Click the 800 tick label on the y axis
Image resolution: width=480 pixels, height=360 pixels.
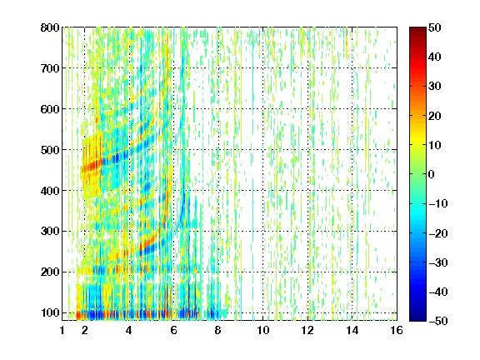[50, 27]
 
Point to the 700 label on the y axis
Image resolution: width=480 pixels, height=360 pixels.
[50, 68]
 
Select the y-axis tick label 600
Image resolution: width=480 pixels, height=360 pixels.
[50, 109]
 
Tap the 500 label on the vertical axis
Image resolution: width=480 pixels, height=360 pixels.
[50, 150]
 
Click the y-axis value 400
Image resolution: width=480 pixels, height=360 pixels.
[50, 191]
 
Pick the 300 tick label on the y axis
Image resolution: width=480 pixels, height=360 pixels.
[50, 231]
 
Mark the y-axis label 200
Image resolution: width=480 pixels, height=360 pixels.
[50, 272]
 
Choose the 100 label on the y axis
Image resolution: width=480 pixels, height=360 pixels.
[50, 312]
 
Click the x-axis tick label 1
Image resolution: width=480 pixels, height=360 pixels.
[62, 330]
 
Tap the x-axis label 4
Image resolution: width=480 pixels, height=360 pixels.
[129, 330]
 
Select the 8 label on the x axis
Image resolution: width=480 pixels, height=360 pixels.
[218, 330]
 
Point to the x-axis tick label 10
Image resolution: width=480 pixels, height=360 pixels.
[262, 330]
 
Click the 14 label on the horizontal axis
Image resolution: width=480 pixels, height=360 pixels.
[352, 330]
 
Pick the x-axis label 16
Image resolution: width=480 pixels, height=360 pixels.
[397, 330]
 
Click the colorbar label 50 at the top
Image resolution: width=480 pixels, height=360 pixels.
[435, 27]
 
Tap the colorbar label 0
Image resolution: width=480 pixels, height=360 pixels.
[432, 174]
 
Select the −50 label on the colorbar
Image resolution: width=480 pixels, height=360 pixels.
[438, 321]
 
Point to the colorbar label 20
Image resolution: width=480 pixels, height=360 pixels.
[435, 116]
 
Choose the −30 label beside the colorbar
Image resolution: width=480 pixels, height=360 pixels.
[438, 262]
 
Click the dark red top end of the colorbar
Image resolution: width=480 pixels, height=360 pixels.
[417, 30]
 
